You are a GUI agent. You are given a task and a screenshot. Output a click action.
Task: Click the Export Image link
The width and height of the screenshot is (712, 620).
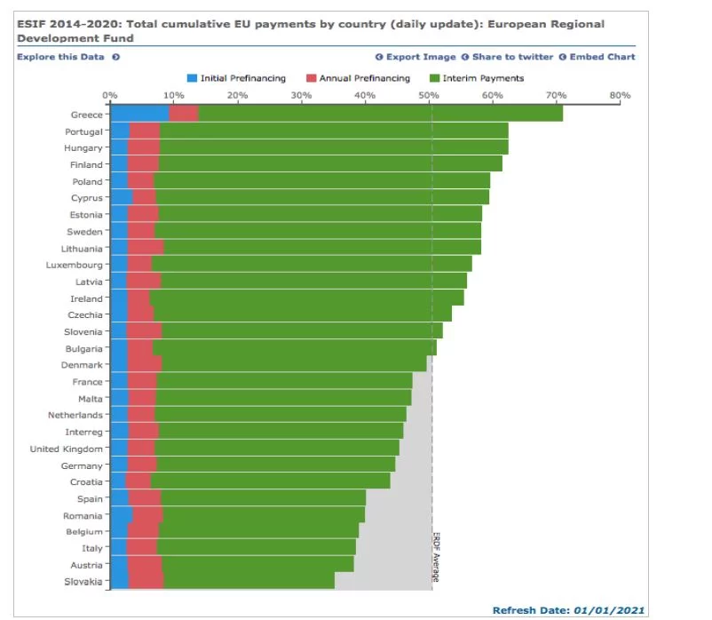click(420, 57)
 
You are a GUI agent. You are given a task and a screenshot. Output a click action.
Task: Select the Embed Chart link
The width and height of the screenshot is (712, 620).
click(601, 57)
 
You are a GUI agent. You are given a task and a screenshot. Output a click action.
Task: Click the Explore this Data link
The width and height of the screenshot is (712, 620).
click(60, 57)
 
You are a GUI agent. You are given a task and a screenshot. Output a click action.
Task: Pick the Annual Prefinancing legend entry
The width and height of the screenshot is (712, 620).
click(363, 78)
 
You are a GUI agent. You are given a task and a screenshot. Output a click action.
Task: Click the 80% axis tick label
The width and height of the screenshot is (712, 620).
click(619, 95)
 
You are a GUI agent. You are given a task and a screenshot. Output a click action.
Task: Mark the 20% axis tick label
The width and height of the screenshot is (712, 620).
click(237, 95)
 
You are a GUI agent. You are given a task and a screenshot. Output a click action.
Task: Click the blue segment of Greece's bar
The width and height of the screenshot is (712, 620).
click(138, 114)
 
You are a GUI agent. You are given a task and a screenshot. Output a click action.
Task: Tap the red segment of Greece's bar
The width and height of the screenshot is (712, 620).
click(183, 114)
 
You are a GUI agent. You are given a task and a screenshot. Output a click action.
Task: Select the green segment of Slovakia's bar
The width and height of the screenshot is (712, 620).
click(249, 582)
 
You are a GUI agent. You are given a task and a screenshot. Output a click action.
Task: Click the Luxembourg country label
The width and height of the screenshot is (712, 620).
click(75, 266)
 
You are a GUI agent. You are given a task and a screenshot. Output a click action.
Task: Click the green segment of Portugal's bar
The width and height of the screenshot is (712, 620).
click(333, 131)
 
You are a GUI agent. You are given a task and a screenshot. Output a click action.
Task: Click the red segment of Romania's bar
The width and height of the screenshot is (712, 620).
click(147, 515)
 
